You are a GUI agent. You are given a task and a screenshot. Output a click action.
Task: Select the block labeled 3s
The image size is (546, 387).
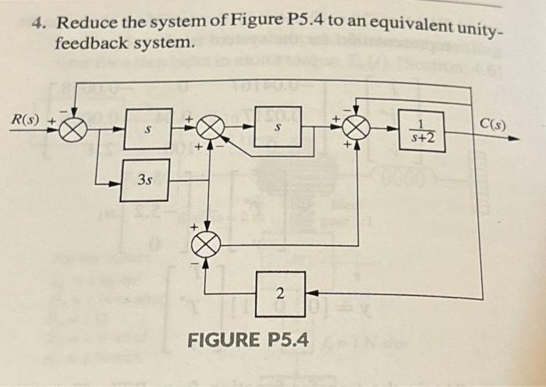(144, 180)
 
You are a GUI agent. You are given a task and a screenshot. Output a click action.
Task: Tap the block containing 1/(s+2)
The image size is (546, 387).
(422, 130)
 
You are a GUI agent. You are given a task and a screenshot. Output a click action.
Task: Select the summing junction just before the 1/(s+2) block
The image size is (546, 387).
(355, 126)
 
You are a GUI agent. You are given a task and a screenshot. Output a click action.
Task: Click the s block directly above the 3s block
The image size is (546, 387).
(147, 132)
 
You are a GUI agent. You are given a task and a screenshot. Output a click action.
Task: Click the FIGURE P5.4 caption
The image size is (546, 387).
(247, 340)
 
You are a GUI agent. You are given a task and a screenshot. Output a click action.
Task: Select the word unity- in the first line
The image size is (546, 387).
(468, 30)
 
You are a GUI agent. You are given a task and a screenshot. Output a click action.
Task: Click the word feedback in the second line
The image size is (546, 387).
(86, 44)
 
